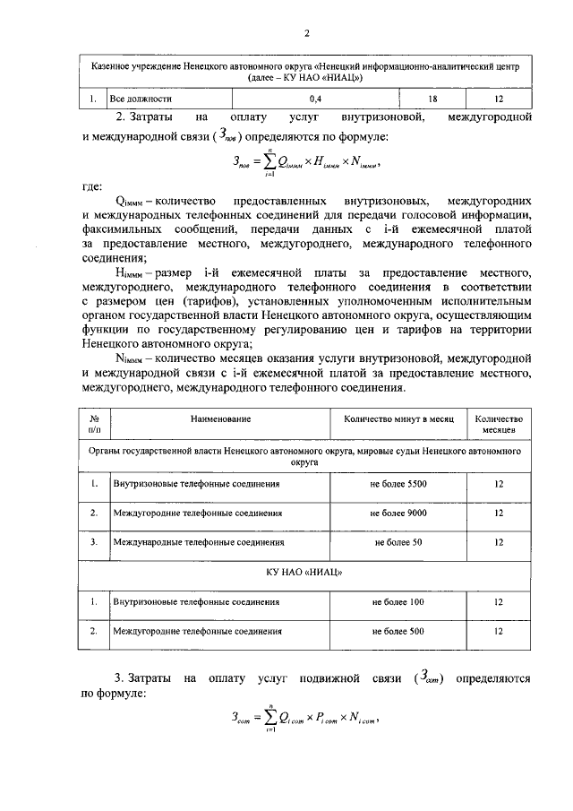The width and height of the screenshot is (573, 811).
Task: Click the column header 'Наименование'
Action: click(219, 419)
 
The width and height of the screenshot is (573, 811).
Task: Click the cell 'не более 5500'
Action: click(398, 484)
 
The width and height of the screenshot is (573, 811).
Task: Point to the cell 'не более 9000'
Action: click(398, 513)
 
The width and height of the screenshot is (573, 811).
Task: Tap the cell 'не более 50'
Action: click(398, 542)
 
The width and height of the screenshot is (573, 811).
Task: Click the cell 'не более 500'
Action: click(398, 631)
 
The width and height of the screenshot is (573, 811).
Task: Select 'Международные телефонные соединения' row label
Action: click(199, 542)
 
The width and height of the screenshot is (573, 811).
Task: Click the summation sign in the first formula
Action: click(264, 163)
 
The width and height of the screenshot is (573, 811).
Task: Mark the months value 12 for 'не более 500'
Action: click(499, 631)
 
